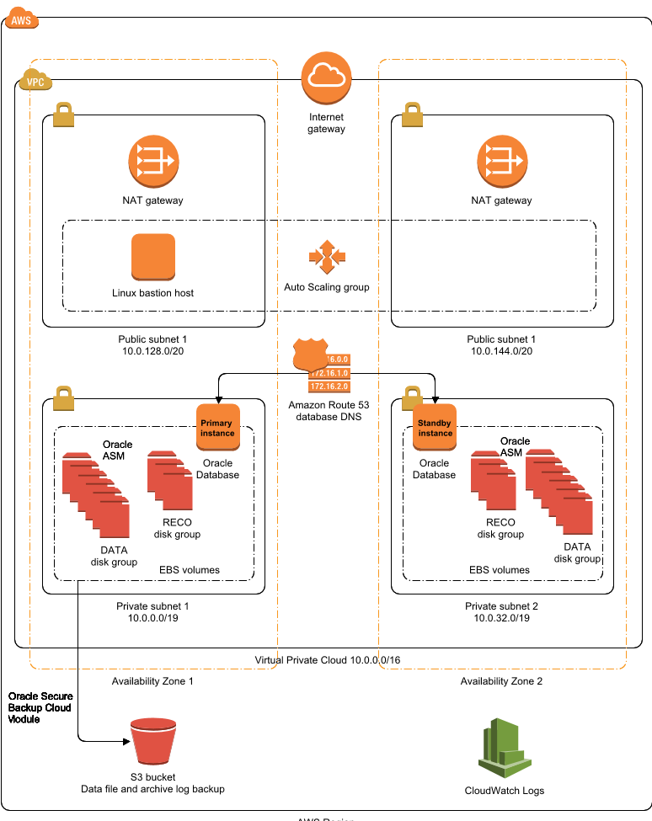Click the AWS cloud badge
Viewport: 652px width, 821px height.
click(x=21, y=19)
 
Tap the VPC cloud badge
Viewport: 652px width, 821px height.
click(x=35, y=81)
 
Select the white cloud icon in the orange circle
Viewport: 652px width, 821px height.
click(x=326, y=77)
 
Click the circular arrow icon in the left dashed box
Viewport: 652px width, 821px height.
click(x=153, y=161)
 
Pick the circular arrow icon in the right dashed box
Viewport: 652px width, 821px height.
click(x=502, y=161)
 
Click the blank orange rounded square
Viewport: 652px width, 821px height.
click(x=153, y=257)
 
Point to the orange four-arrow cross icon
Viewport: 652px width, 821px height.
click(x=327, y=257)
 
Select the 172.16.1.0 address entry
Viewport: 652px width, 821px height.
click(x=329, y=373)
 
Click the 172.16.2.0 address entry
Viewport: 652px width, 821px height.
click(x=329, y=387)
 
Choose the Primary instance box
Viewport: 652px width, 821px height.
click(x=218, y=427)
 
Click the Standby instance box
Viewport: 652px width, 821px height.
click(x=435, y=427)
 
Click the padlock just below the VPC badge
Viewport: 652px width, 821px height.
click(x=63, y=115)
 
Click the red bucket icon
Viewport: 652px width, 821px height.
click(x=153, y=741)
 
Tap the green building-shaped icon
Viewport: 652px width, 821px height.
click(x=504, y=748)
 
